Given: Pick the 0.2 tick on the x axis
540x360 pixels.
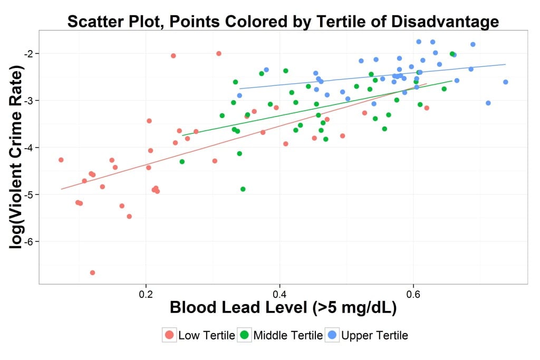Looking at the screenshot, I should point(146,293).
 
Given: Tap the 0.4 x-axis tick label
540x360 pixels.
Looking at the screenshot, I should point(279,293).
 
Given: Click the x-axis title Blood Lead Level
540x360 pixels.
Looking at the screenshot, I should point(256,309).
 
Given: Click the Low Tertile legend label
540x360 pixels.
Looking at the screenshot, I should point(207,335).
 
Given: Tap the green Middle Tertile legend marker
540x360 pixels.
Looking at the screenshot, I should point(245,335).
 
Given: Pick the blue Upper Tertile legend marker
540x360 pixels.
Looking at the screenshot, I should point(333,335).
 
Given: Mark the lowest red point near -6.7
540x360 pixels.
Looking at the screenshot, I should point(92,273).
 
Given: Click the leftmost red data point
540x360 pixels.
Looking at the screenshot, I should point(61,160).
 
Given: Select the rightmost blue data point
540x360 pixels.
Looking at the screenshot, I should point(505,82).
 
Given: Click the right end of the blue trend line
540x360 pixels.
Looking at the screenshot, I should point(505,64).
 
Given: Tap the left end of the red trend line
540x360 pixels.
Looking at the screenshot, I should point(61,189).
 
